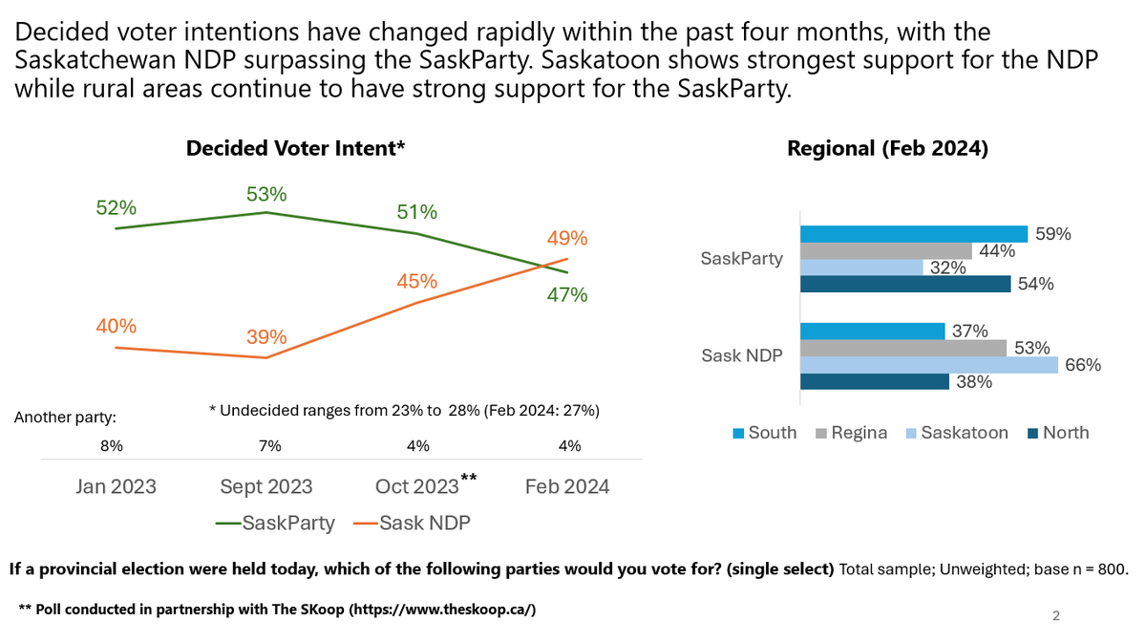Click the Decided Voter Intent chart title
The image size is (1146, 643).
click(x=296, y=148)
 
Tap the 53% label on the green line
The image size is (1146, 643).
click(x=265, y=194)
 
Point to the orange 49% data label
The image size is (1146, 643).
click(x=567, y=238)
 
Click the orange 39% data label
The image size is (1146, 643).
click(x=265, y=336)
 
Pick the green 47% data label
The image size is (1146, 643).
click(x=567, y=295)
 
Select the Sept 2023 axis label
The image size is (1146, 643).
click(x=266, y=486)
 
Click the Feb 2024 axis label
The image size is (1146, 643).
click(x=567, y=486)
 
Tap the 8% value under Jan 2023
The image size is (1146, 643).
click(x=112, y=445)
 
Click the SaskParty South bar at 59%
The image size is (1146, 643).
click(x=913, y=234)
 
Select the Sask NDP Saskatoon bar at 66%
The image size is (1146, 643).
click(x=928, y=365)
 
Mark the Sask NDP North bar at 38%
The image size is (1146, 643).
click(x=874, y=382)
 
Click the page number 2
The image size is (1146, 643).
click(x=1055, y=615)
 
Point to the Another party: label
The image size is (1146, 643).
click(x=66, y=418)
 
